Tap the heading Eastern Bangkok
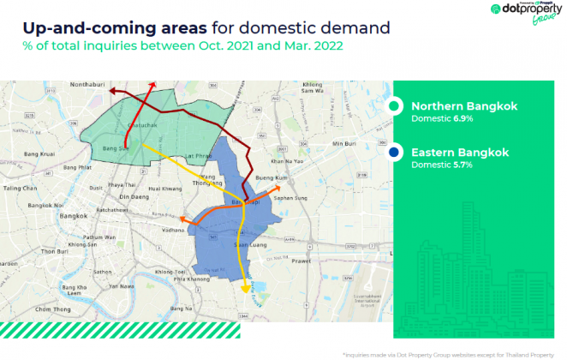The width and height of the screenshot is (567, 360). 460,153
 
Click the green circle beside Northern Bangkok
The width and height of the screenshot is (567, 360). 394,106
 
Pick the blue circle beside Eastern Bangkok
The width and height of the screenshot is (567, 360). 394,153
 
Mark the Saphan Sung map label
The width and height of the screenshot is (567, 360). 287,198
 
